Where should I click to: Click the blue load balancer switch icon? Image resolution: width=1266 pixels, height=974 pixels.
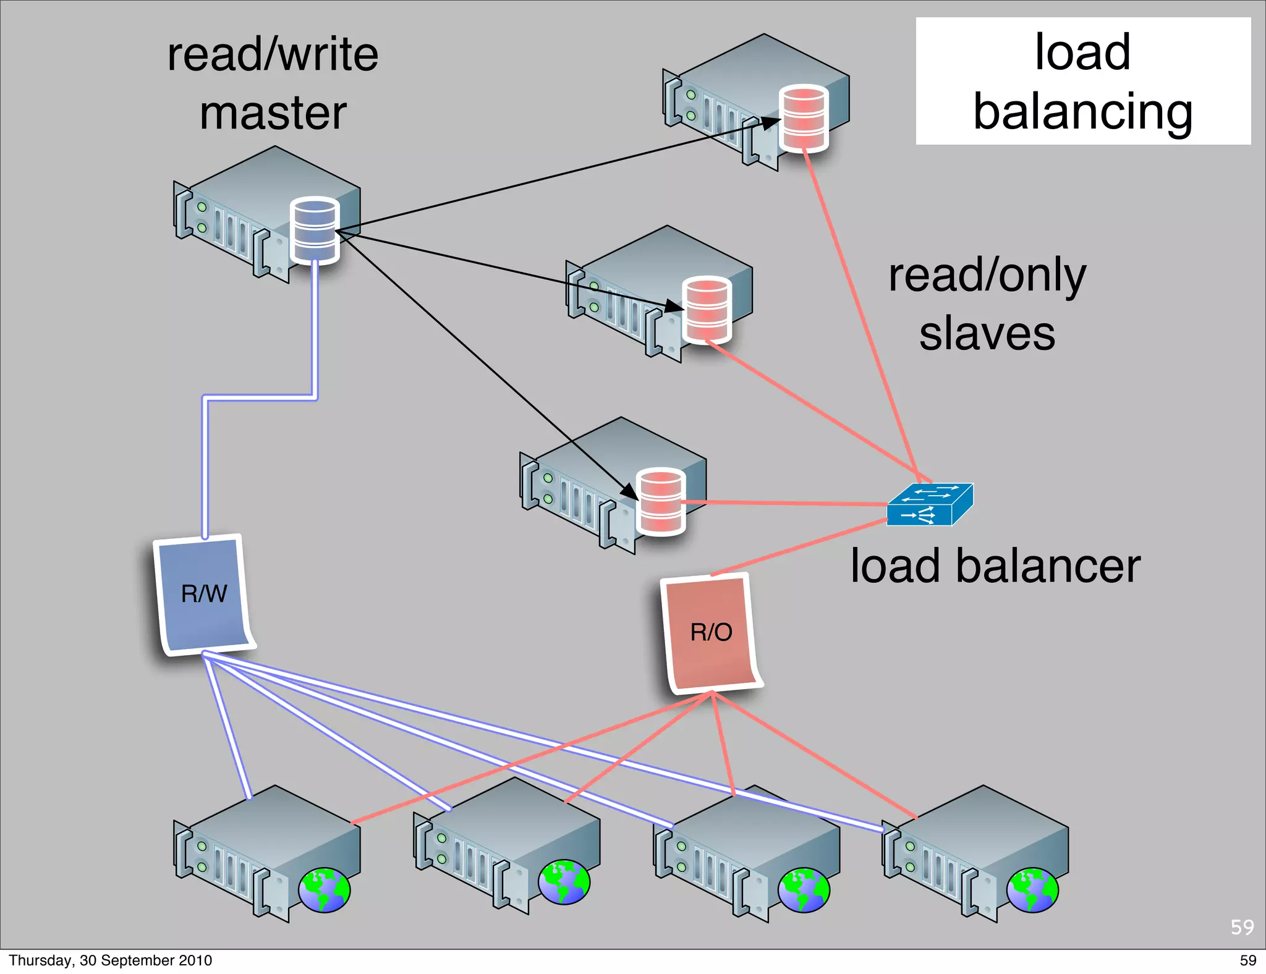(929, 505)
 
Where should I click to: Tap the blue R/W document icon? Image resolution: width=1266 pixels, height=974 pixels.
(204, 594)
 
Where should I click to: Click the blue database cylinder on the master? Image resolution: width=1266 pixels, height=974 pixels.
(315, 230)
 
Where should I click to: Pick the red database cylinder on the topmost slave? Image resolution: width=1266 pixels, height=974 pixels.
(804, 117)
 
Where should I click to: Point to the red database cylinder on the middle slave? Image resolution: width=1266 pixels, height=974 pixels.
(707, 309)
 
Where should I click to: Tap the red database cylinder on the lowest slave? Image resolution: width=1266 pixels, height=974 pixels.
(661, 501)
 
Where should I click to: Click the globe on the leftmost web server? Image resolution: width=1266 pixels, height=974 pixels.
(325, 890)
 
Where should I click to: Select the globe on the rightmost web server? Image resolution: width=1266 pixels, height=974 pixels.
(1032, 890)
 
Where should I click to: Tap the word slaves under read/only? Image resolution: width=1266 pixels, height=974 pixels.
(987, 333)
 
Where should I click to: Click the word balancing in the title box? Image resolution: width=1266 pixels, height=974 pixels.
(1082, 112)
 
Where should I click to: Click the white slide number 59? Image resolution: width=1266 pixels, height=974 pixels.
(1242, 927)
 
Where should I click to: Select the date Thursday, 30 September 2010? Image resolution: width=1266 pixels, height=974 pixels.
(110, 960)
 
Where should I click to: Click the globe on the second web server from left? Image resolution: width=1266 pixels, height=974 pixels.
(564, 883)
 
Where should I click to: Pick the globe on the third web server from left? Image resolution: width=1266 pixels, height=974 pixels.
(804, 890)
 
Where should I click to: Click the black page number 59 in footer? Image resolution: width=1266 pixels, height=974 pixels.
(1247, 960)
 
